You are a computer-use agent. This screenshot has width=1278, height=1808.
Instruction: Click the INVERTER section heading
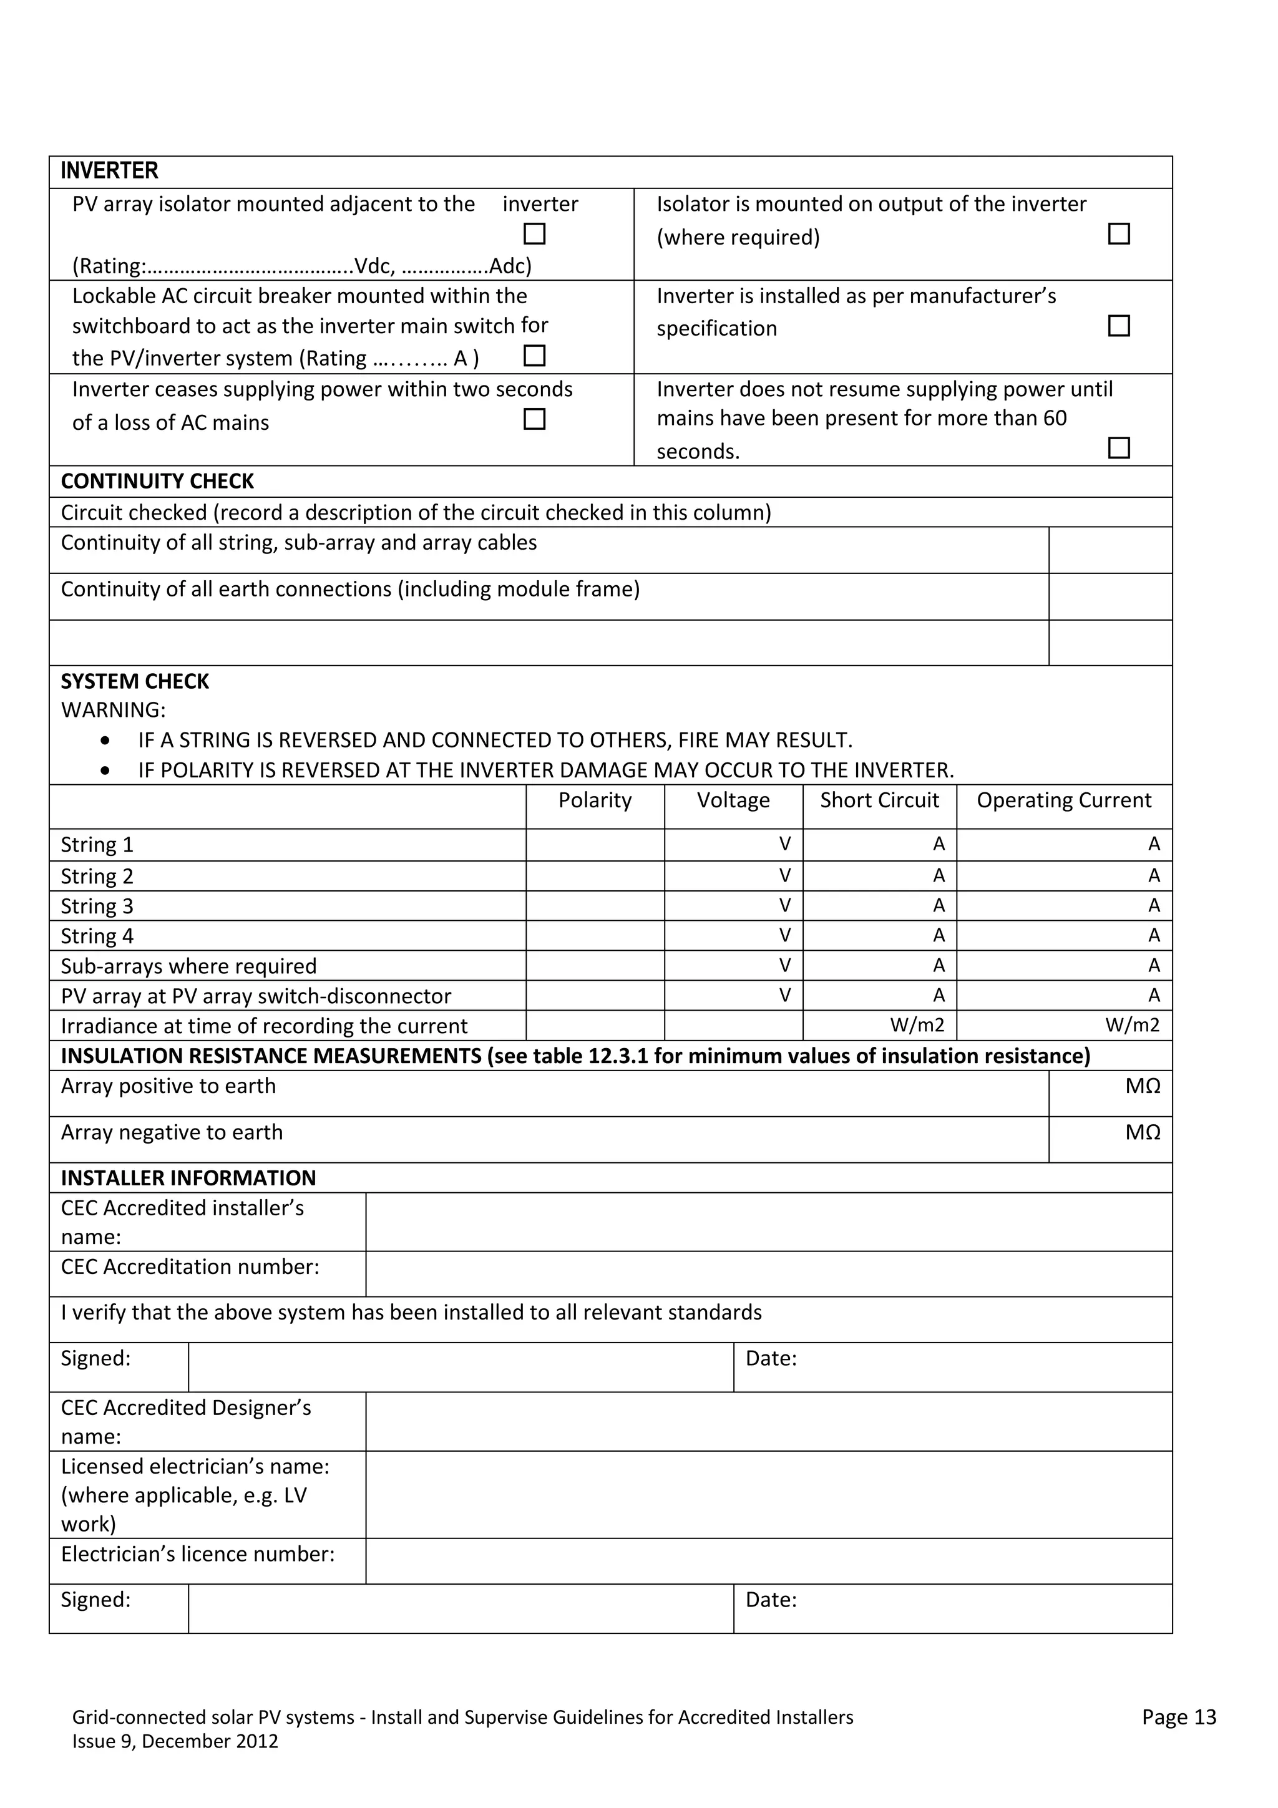click(109, 171)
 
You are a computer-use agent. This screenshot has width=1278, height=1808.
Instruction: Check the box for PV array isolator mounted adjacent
click(534, 234)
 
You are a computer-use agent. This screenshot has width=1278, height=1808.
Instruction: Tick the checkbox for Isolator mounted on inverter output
click(1118, 234)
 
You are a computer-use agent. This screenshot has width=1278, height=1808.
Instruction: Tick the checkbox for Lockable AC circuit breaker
click(534, 356)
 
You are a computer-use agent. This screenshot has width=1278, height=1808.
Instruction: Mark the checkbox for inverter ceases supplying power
click(534, 419)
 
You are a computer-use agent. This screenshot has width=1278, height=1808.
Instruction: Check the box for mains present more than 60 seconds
click(1118, 448)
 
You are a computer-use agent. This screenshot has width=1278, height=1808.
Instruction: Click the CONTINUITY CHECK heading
click(157, 481)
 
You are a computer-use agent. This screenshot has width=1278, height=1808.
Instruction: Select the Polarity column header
click(595, 800)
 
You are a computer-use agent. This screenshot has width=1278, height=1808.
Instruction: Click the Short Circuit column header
click(879, 800)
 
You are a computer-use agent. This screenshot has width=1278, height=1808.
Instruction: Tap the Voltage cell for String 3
click(733, 906)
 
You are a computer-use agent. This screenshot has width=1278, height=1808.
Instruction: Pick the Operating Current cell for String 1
click(1063, 844)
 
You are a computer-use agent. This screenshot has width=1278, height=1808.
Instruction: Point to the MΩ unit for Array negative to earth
click(1142, 1132)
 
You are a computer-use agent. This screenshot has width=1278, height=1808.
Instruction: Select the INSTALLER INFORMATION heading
click(188, 1178)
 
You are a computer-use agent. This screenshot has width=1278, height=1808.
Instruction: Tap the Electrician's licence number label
click(198, 1553)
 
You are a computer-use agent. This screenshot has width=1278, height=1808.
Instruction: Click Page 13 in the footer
click(1178, 1718)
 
